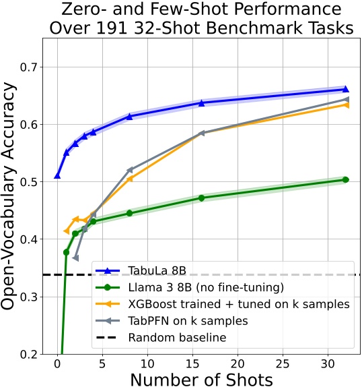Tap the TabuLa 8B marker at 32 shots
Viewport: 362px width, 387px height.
[345, 89]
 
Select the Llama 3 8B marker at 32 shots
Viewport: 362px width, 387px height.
[345, 179]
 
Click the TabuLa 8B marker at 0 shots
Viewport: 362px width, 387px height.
[57, 176]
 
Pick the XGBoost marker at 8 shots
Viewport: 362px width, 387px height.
[129, 179]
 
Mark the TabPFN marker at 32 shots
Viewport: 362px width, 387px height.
[345, 99]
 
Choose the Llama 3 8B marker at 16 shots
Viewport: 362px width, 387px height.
[201, 198]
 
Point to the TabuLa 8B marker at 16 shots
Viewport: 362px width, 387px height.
[201, 102]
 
